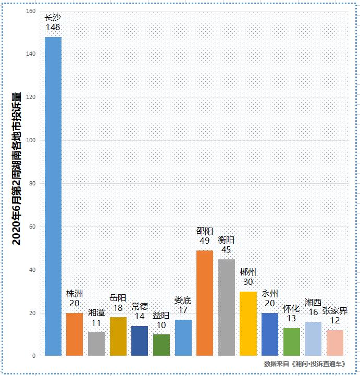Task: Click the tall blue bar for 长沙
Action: (x=53, y=196)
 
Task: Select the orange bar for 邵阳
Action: (x=205, y=303)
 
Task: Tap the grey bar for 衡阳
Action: (x=227, y=307)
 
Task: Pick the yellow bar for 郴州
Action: (x=248, y=323)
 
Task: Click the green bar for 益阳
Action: (x=162, y=345)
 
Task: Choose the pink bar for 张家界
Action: (x=335, y=343)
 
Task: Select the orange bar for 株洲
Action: (x=75, y=334)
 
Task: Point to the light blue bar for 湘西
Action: (x=313, y=339)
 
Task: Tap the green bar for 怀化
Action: (x=292, y=342)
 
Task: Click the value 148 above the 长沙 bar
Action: (x=53, y=27)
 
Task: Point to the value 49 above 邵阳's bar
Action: (x=204, y=241)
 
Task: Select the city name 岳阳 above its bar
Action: (x=118, y=298)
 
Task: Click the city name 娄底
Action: (x=183, y=300)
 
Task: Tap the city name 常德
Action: (x=140, y=306)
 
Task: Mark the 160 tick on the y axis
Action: (x=31, y=11)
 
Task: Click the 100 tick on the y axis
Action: (x=31, y=141)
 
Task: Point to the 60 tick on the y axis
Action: (x=32, y=227)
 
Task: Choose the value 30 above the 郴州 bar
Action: (x=248, y=282)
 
